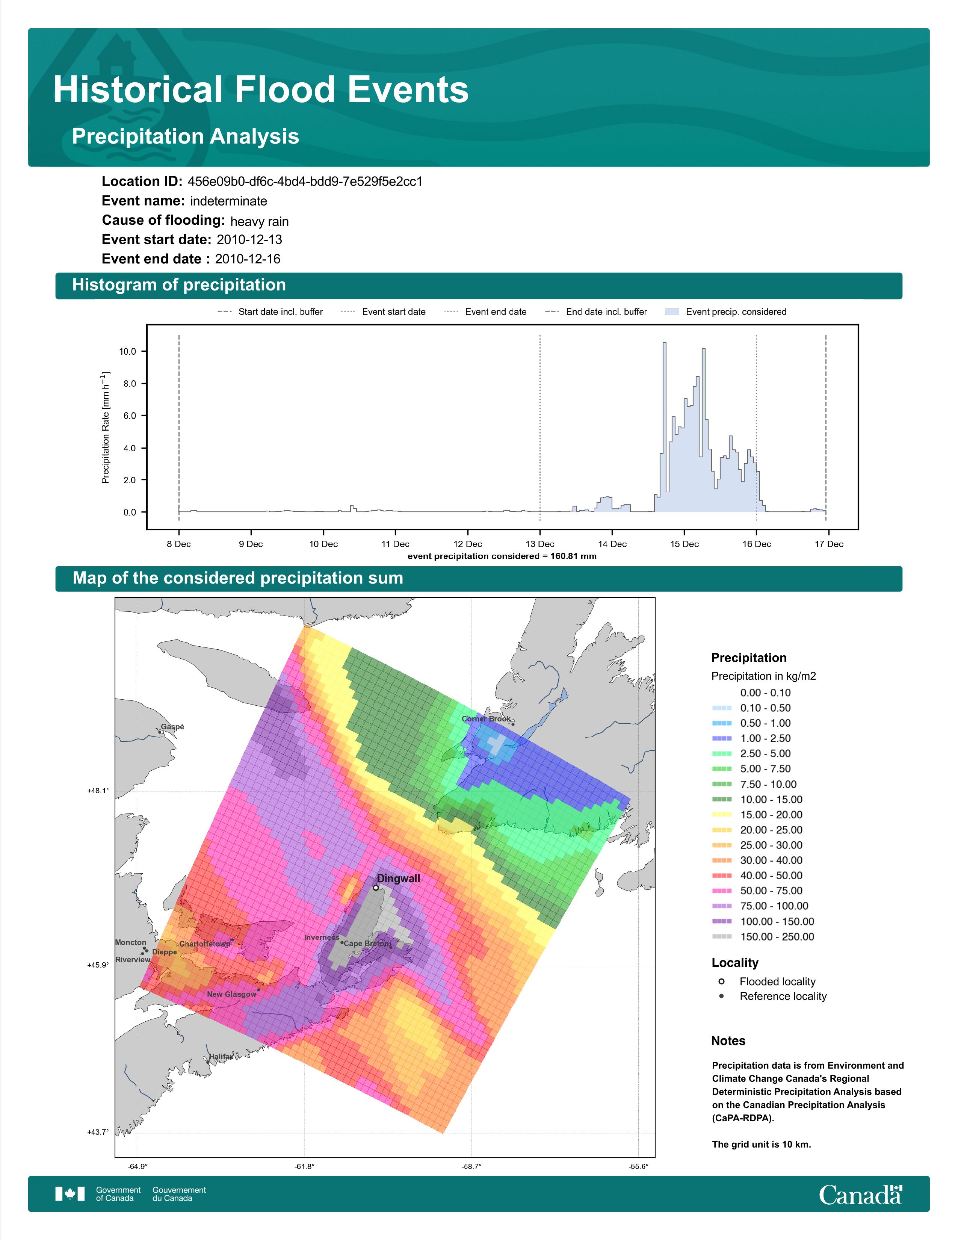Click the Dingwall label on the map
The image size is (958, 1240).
pyautogui.click(x=398, y=879)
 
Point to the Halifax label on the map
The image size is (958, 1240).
pyautogui.click(x=221, y=1057)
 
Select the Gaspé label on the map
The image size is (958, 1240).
pyautogui.click(x=172, y=727)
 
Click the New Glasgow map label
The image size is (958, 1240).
pyautogui.click(x=231, y=994)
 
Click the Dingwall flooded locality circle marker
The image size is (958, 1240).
pyautogui.click(x=376, y=888)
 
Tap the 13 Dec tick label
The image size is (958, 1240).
pyautogui.click(x=540, y=544)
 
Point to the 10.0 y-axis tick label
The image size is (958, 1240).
pyautogui.click(x=128, y=351)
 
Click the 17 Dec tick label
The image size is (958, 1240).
pyautogui.click(x=829, y=544)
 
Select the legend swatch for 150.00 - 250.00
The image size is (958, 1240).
pyautogui.click(x=722, y=937)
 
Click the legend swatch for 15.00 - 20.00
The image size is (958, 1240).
pyautogui.click(x=722, y=815)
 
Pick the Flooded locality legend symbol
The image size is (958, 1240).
pyautogui.click(x=721, y=981)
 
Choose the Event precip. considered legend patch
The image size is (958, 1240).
pyautogui.click(x=672, y=312)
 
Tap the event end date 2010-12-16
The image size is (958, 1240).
pyautogui.click(x=248, y=259)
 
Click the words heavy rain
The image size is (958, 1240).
pyautogui.click(x=259, y=221)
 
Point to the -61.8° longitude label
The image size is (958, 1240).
pyautogui.click(x=305, y=1166)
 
